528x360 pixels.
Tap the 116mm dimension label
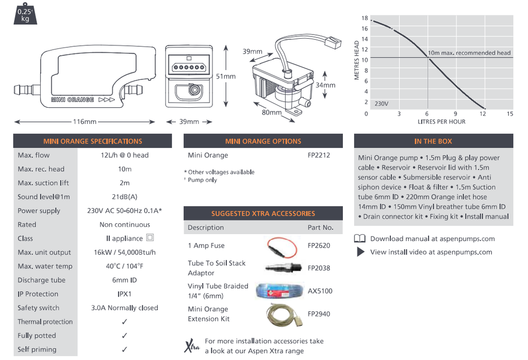tap(84, 122)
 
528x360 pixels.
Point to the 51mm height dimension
tap(225, 76)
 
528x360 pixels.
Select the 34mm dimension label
tap(325, 85)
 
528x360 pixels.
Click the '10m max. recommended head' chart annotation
tap(469, 53)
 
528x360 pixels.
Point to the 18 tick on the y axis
tap(365, 18)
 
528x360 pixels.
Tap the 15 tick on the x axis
tap(510, 114)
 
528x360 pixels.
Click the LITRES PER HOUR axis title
tap(441, 122)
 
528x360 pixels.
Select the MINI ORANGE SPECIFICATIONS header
tap(93, 141)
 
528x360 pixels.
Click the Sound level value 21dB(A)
tap(124, 197)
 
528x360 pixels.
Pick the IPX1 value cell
tap(124, 294)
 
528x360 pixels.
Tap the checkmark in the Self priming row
tap(124, 349)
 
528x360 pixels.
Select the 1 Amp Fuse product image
tap(283, 246)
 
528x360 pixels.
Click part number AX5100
tap(320, 291)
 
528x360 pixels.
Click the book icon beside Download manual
tap(360, 238)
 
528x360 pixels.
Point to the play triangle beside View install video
tap(360, 252)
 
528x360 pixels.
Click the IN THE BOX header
tap(433, 141)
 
